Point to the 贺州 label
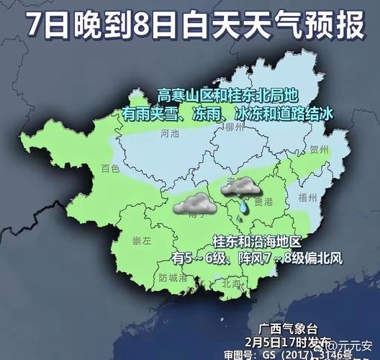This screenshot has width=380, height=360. (x=320, y=150)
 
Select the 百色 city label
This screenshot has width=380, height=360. (x=110, y=169)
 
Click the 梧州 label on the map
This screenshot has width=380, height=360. (x=307, y=195)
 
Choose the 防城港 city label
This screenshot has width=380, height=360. (x=173, y=277)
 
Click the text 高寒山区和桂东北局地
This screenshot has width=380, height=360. (x=228, y=94)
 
